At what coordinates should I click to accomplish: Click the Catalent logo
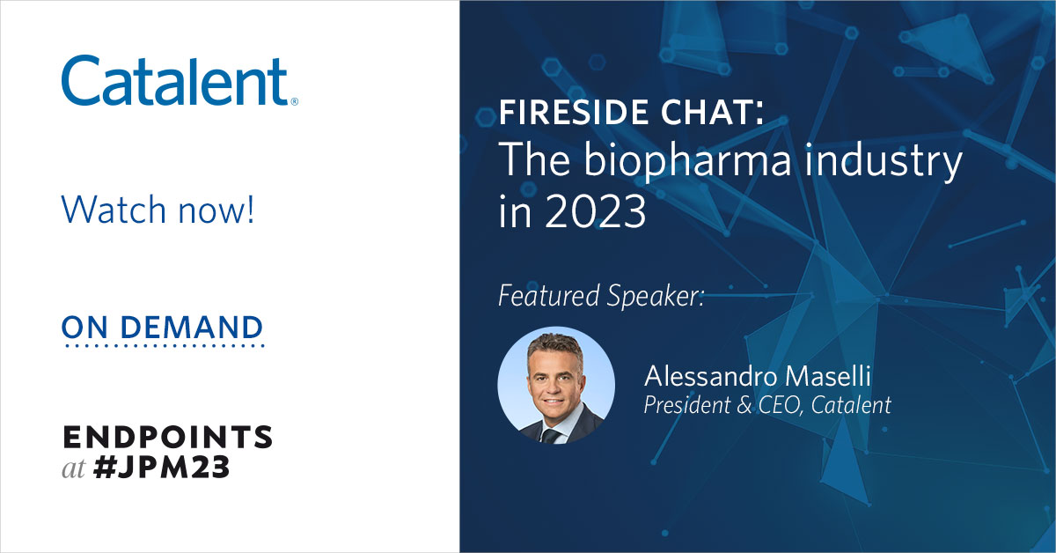175,81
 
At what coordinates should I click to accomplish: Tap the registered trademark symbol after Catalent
294,101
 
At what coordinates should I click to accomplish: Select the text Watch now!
158,210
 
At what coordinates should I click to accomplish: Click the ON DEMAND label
162,328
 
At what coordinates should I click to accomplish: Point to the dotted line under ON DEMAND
163,346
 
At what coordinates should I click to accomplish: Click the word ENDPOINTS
167,438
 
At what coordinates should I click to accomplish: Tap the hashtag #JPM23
159,468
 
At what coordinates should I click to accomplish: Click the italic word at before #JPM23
73,469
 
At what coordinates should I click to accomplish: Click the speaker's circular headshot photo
556,386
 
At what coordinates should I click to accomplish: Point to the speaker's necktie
548,433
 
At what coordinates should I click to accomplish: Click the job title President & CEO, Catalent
767,405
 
